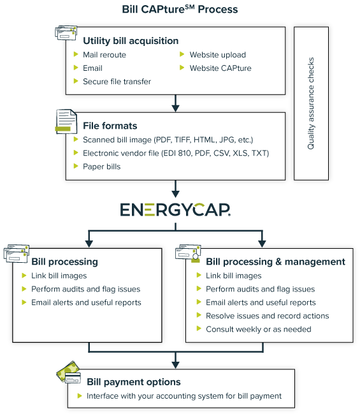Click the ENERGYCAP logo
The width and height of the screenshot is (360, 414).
coord(175,210)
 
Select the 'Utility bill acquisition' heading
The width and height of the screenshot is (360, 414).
coord(131,41)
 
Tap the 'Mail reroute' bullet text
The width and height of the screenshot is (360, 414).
coord(104,55)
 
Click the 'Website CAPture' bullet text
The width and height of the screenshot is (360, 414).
coord(220,68)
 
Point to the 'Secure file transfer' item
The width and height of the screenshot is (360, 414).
coord(117,82)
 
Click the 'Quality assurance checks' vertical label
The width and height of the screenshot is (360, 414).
coord(311,103)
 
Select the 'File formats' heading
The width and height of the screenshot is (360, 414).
coord(110,126)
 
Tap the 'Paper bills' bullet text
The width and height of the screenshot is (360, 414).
coord(101,166)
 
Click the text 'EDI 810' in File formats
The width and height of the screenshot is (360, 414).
coord(178,153)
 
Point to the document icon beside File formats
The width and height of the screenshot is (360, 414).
coord(66,121)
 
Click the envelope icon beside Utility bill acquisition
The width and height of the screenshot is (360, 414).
coord(66,33)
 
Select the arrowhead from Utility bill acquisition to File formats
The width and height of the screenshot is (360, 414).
coord(175,108)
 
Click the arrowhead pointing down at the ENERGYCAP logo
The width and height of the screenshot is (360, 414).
coord(175,194)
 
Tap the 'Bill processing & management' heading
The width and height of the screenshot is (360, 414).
coord(275,262)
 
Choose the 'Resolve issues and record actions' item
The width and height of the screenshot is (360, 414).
coord(268,316)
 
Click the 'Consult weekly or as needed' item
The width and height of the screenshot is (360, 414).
coord(259,329)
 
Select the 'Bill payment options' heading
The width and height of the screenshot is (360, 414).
coord(134,382)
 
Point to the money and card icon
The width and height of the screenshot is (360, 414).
coord(69,372)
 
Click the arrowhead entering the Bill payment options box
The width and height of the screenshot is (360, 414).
coord(175,365)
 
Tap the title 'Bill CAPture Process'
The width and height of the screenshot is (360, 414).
coord(180,9)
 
